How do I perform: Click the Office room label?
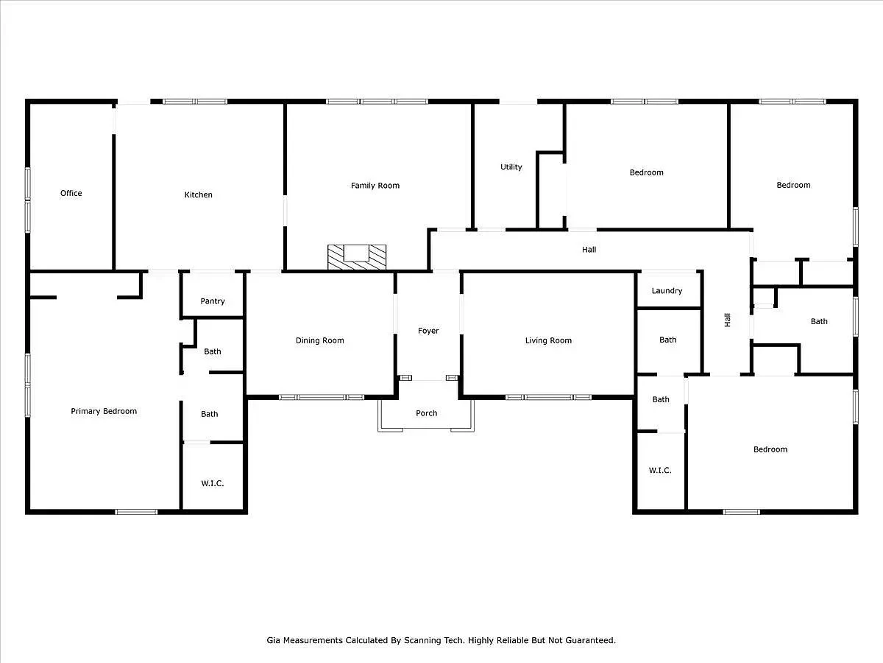(71, 193)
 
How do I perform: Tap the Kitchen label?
(198, 194)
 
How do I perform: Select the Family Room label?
(375, 186)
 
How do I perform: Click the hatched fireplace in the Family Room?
(357, 256)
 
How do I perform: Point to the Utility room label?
(511, 167)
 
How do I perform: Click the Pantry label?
(213, 301)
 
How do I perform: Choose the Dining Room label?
(320, 340)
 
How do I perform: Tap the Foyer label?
(428, 331)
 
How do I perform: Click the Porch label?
(427, 413)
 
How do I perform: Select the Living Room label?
(548, 340)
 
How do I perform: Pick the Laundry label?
(667, 291)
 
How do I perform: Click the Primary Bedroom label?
(104, 411)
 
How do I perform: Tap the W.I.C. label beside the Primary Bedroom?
(213, 483)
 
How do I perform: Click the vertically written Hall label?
(728, 320)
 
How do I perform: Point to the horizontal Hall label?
(589, 250)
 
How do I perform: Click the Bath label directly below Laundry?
(667, 340)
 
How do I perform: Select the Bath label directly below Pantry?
(213, 351)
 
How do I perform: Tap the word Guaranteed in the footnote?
(592, 640)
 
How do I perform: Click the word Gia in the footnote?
(273, 640)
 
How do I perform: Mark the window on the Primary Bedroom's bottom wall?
(136, 511)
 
